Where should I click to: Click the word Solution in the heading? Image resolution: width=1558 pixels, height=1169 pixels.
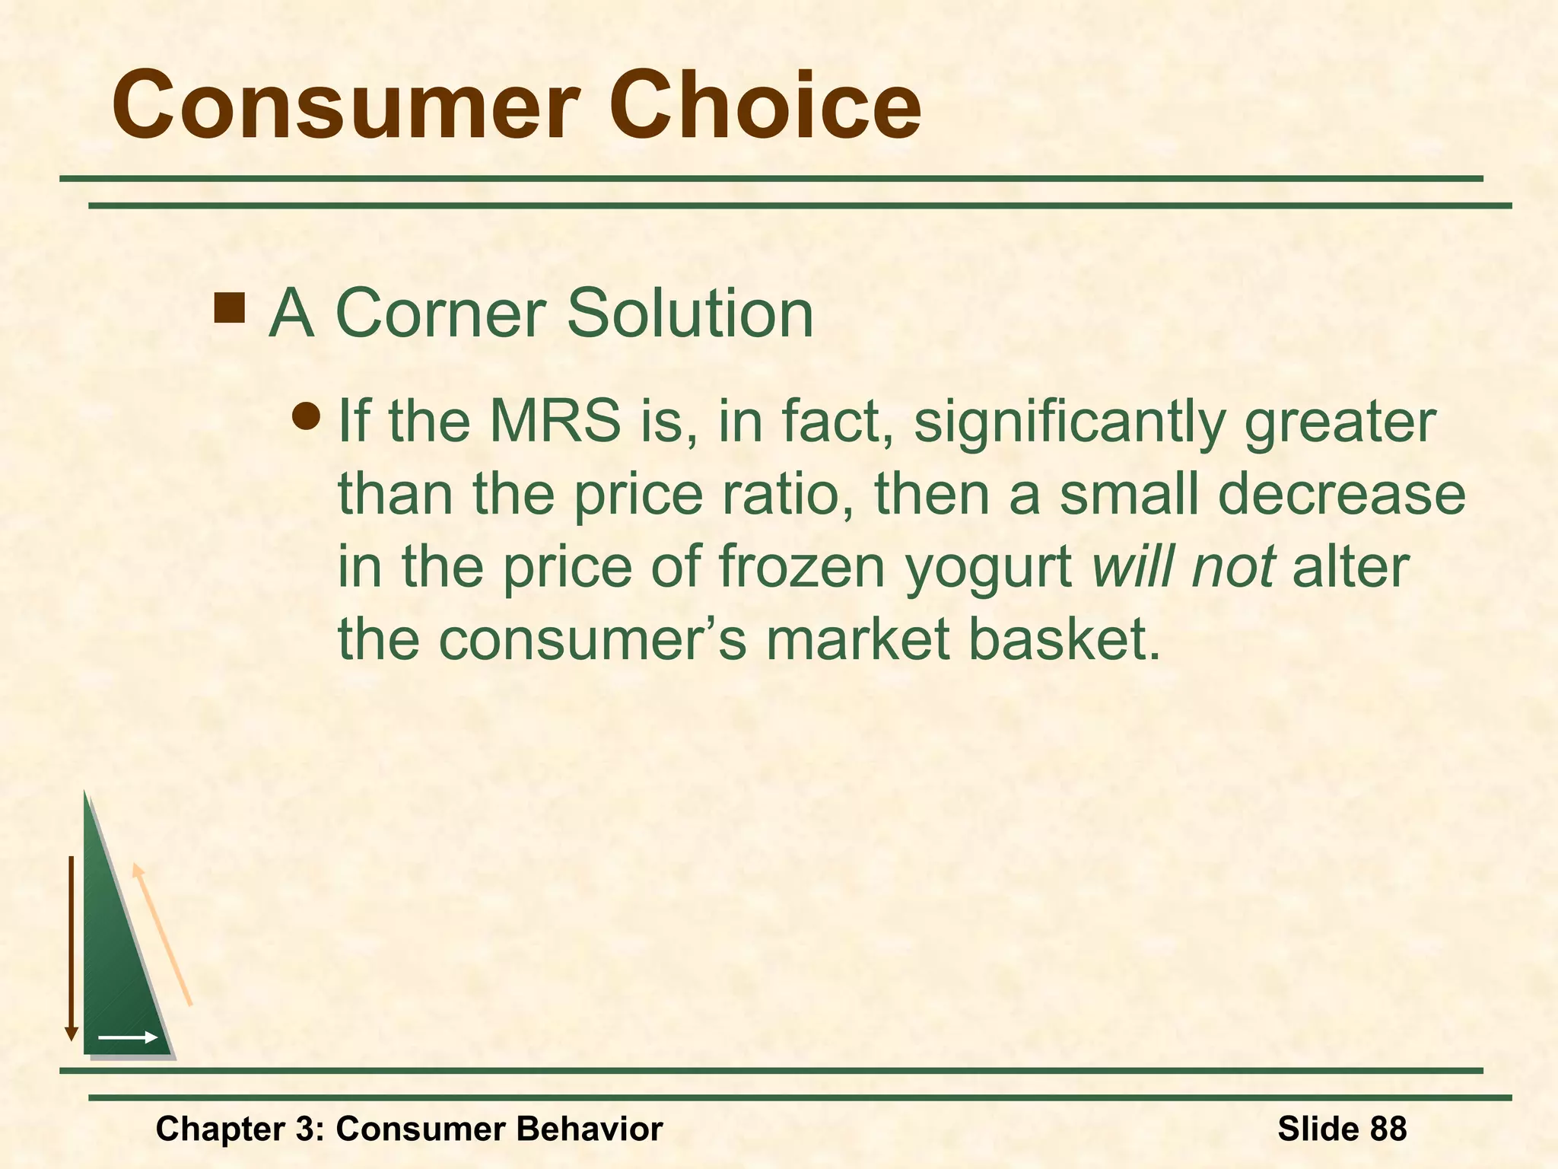(690, 314)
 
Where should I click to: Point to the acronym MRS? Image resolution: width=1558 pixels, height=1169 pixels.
(555, 421)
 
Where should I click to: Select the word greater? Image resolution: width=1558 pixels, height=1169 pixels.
(1340, 422)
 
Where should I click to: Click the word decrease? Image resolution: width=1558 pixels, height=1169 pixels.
(1341, 495)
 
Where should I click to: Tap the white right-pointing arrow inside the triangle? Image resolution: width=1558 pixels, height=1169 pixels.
(127, 1037)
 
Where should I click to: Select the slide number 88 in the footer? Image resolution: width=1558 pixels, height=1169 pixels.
(1386, 1128)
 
